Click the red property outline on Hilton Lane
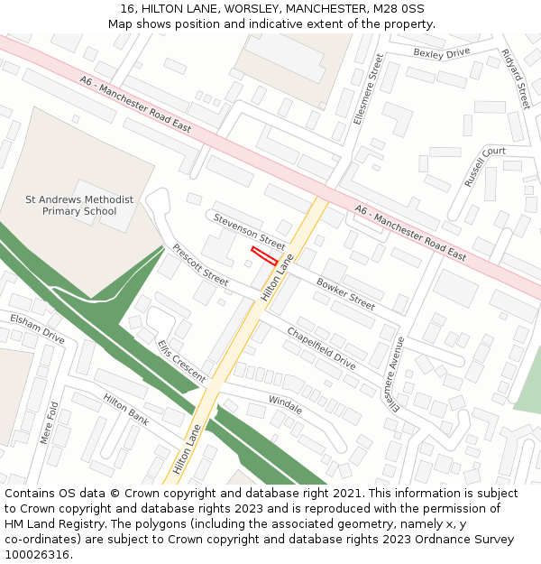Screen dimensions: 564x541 (264, 254)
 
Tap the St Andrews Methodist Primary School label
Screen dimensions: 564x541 (79, 206)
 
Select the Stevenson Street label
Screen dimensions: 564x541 (249, 232)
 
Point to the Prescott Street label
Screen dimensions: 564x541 (200, 262)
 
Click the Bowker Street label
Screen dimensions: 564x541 (345, 293)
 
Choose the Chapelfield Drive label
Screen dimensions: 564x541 (321, 348)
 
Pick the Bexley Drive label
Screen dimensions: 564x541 (442, 53)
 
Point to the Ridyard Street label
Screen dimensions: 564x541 (516, 79)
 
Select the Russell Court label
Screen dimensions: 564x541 (485, 166)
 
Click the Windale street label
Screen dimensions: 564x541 (285, 403)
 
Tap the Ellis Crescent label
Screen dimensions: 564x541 (181, 361)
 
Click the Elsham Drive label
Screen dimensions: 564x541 (37, 328)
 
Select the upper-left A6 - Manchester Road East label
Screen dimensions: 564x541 (135, 104)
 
